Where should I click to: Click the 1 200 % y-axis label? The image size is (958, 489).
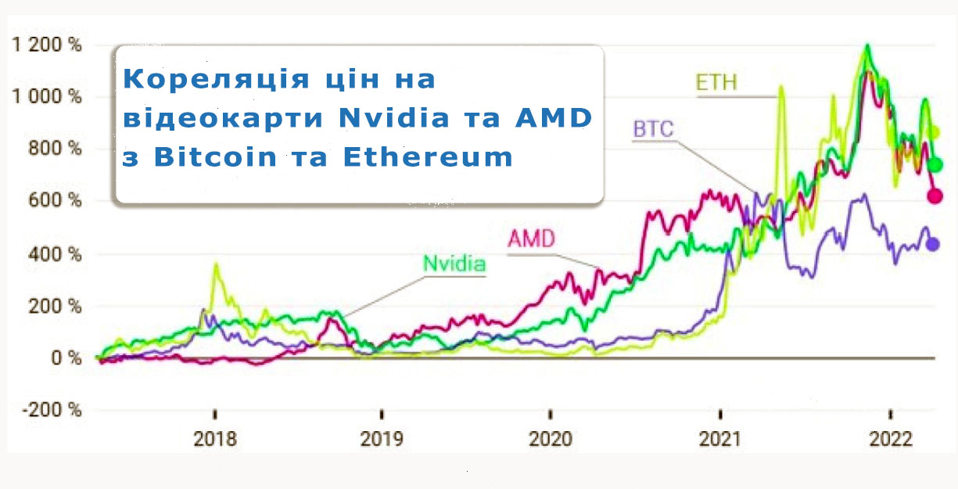(x=47, y=44)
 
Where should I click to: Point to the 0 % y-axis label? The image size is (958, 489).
(x=66, y=358)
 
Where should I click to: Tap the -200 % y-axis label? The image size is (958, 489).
(x=52, y=410)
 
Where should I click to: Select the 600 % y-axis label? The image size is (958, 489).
(x=55, y=200)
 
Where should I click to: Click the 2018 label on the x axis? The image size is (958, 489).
(x=215, y=439)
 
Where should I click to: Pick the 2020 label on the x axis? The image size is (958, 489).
(x=551, y=439)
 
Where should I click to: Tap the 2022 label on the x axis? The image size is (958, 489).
(x=891, y=439)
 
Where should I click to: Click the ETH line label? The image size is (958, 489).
(x=716, y=82)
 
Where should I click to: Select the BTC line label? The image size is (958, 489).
(x=654, y=129)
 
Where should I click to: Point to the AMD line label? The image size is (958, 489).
(x=532, y=239)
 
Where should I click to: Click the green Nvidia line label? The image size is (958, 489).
(x=454, y=264)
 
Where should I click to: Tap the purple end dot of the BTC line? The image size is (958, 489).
(x=933, y=244)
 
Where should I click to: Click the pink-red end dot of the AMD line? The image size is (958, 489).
(x=935, y=196)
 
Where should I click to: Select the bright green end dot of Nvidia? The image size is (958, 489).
(x=935, y=164)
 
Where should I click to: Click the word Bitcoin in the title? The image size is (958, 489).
(x=216, y=157)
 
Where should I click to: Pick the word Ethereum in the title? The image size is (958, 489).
(x=428, y=157)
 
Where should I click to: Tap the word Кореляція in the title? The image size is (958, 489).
(x=216, y=80)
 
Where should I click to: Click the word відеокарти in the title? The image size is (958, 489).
(x=223, y=117)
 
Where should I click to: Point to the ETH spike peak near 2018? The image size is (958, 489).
(x=217, y=264)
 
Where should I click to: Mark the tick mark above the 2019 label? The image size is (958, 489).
(x=382, y=414)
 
